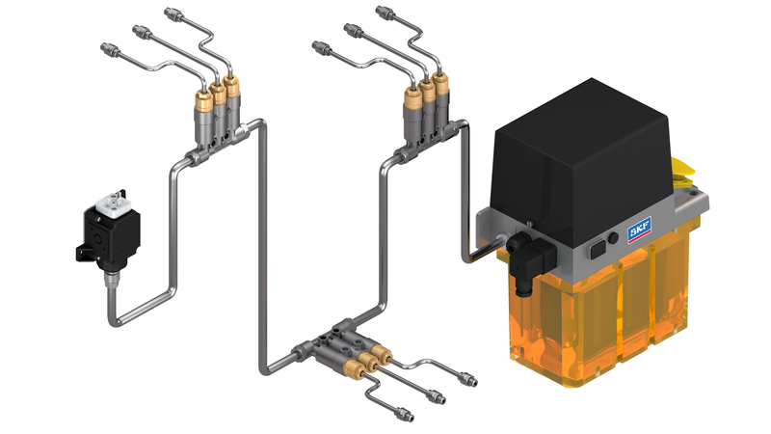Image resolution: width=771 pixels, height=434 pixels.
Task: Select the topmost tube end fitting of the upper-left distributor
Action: click(x=174, y=14)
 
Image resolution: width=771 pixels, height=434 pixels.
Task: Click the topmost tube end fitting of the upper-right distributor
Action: click(x=386, y=14)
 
